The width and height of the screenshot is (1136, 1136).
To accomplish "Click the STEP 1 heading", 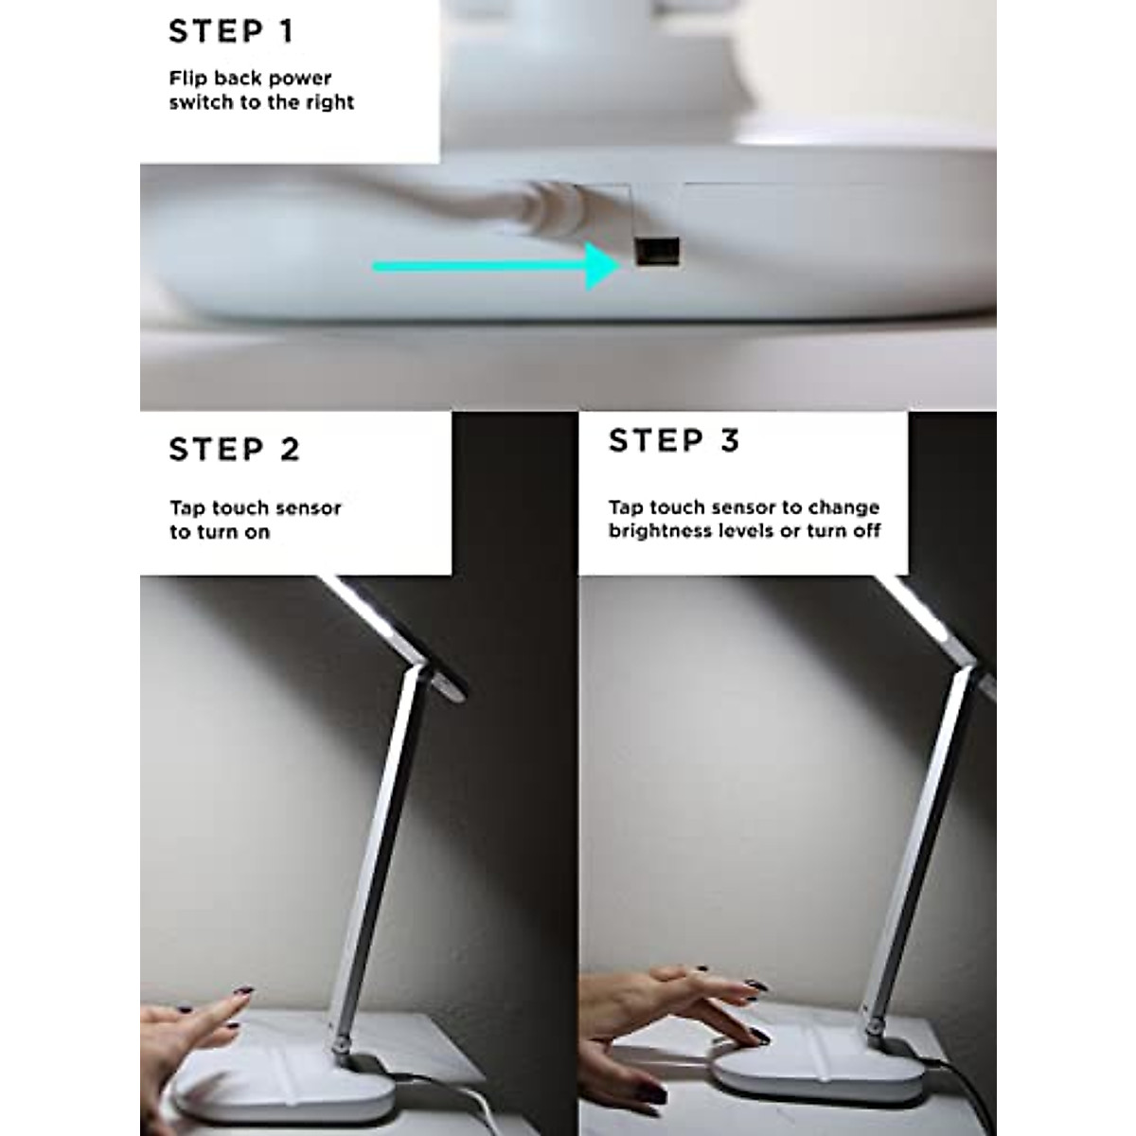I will pos(232,31).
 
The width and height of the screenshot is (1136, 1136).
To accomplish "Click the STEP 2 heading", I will pos(235,449).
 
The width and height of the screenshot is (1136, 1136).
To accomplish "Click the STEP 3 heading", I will pos(674,441).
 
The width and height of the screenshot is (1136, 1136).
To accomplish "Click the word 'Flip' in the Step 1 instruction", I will pos(187,79).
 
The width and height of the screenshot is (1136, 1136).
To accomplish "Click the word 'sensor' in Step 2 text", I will pos(310,508).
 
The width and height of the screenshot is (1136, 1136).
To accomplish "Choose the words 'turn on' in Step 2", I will pos(220,532).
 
